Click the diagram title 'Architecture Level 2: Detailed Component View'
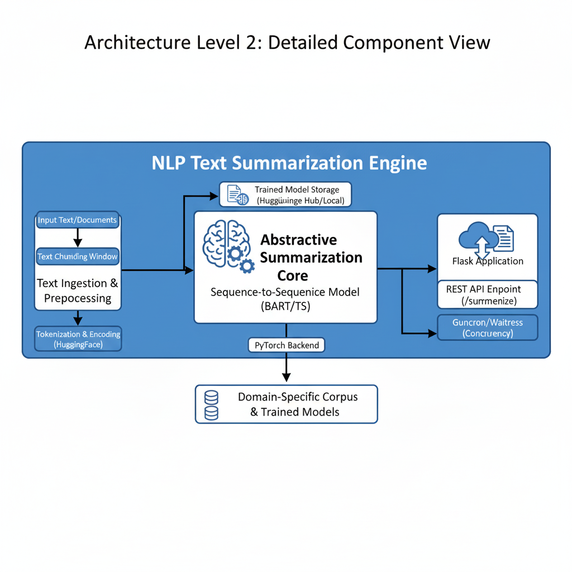[287, 42]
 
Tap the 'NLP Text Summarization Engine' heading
[289, 163]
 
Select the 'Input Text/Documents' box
[78, 220]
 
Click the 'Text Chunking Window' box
[78, 257]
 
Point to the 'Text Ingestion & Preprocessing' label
[78, 290]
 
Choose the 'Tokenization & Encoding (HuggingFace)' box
[78, 340]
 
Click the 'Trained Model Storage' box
[286, 195]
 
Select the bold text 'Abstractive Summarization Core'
[311, 258]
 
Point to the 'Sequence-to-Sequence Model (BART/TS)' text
[285, 299]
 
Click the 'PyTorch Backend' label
[287, 345]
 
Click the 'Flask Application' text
[488, 261]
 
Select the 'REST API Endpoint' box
[487, 295]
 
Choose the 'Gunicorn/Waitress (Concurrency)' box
[487, 327]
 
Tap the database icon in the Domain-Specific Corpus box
[212, 405]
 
